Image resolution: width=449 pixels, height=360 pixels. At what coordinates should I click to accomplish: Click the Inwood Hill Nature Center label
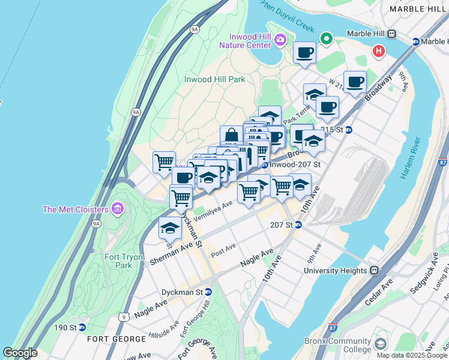click(x=246, y=40)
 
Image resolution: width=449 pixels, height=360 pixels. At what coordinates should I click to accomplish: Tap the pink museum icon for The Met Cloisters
click(x=117, y=209)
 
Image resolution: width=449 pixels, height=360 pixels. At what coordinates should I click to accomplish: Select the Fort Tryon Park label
click(x=124, y=261)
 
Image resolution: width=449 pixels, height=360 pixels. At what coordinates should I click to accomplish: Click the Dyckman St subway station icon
click(x=208, y=292)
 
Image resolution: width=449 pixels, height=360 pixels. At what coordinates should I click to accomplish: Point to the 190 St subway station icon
click(x=82, y=328)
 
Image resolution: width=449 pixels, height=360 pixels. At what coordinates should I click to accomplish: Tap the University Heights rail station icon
click(x=374, y=271)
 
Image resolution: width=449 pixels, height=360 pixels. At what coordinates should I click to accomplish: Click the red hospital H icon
click(x=378, y=51)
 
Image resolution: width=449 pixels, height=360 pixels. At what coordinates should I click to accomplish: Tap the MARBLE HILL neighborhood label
click(x=418, y=9)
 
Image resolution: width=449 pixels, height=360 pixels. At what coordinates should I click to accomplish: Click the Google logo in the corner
click(x=20, y=353)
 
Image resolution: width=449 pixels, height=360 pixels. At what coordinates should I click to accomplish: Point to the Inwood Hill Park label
click(x=214, y=79)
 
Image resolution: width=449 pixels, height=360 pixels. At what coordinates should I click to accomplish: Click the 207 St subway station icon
click(x=298, y=225)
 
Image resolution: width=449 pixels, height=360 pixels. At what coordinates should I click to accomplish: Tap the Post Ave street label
click(x=223, y=247)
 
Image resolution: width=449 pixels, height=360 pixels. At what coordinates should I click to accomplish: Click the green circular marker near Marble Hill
click(x=327, y=39)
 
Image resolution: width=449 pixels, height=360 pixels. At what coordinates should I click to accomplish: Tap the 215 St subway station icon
click(x=348, y=130)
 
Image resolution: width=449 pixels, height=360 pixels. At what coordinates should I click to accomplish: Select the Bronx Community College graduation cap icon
click(x=379, y=344)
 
